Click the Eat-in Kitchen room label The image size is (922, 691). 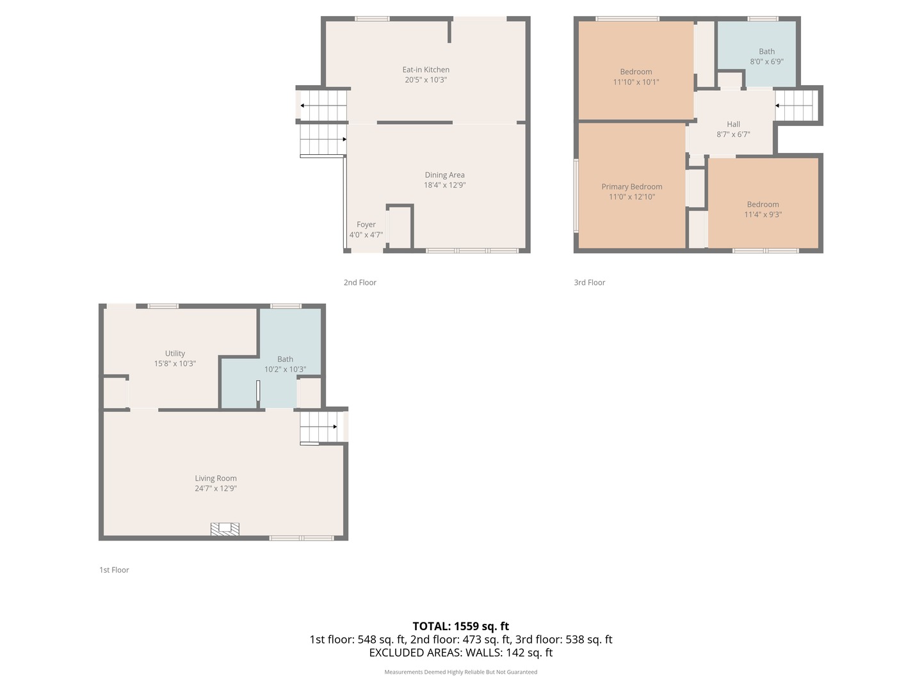[426, 70]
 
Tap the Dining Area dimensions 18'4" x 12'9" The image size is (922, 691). [444, 185]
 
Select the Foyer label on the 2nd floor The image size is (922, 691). [366, 225]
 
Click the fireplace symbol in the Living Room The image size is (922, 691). [225, 529]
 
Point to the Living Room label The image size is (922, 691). [216, 478]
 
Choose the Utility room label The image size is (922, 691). [175, 353]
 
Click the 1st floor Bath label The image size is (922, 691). [285, 359]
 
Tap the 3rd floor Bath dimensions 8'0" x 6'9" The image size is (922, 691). [766, 61]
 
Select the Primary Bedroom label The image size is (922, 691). [631, 187]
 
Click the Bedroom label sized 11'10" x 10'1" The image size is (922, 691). [636, 72]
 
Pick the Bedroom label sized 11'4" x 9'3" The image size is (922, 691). [763, 205]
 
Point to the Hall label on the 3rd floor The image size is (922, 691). [733, 124]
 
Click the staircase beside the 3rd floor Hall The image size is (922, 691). [797, 106]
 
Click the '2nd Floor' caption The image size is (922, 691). [360, 282]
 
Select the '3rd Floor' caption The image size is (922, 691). [589, 282]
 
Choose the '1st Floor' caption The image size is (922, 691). [114, 569]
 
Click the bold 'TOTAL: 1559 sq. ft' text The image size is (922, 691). [460, 626]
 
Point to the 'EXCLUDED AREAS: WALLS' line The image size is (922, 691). [460, 653]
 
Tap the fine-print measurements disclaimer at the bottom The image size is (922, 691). [460, 672]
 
